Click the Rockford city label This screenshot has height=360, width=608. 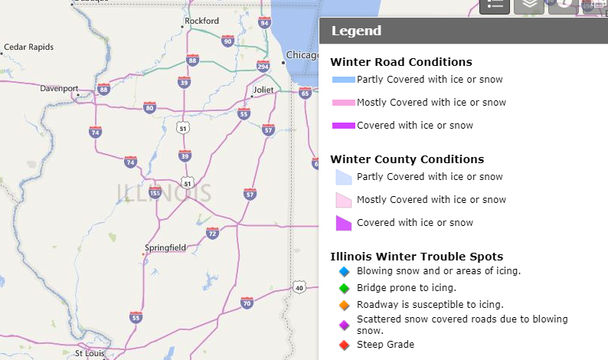coord(202,21)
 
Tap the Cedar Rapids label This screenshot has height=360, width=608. coord(29,47)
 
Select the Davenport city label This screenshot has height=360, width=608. coord(60,88)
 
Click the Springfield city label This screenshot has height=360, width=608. coord(165,247)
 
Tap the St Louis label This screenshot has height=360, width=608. coord(90,353)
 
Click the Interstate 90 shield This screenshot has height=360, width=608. coord(227,40)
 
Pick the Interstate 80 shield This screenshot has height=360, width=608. coord(149,108)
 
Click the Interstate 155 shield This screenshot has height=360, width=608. coord(155,193)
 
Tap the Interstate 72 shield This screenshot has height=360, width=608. coord(212,233)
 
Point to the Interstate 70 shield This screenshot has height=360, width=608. coord(247,303)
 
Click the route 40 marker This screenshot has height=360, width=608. coord(299,288)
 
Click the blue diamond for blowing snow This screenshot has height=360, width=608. coord(344,271)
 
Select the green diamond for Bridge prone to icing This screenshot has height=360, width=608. coord(344,288)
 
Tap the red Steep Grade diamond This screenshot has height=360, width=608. coord(344,345)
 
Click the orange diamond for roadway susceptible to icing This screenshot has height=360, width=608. coord(344,305)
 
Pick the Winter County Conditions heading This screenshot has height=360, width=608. coord(407,159)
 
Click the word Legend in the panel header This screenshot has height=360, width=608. coord(356,31)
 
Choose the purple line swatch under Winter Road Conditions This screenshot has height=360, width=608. coord(343,126)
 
